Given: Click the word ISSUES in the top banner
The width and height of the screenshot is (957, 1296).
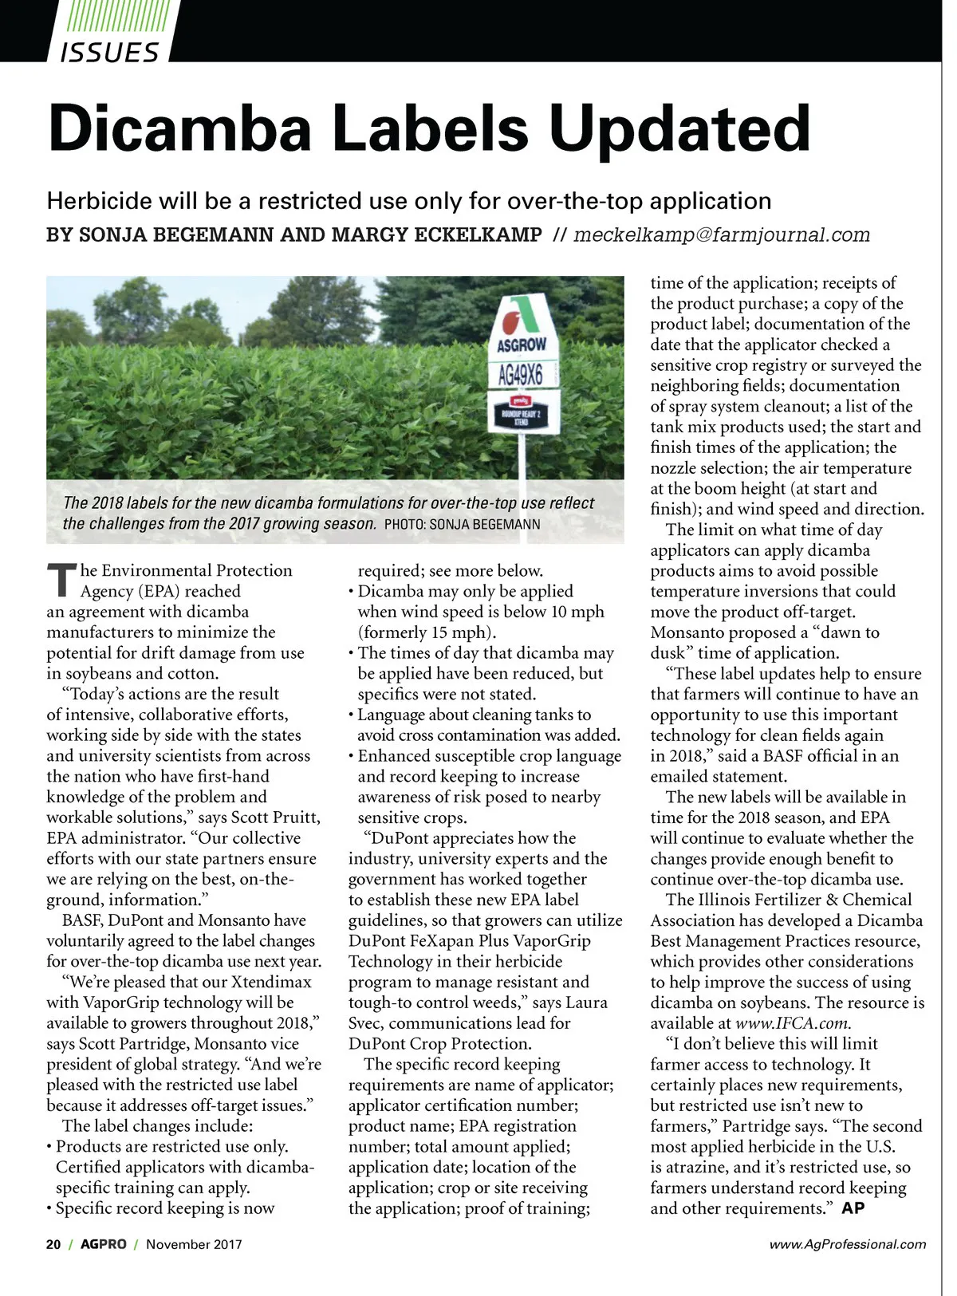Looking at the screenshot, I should (x=109, y=53).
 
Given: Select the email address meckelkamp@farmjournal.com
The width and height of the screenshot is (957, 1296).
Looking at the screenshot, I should (x=721, y=234).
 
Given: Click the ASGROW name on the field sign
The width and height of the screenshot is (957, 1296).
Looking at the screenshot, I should (x=522, y=345).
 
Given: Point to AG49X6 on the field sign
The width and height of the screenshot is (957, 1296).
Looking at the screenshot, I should (x=520, y=374).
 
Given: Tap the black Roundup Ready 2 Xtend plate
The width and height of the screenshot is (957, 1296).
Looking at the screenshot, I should (x=520, y=416).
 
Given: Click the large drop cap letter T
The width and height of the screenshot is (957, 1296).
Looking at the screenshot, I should (x=61, y=579).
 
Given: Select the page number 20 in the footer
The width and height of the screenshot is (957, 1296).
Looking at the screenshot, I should (x=53, y=1244).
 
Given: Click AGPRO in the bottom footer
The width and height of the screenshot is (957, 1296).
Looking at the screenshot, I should (x=104, y=1244).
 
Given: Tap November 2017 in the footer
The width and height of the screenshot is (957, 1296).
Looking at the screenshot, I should (x=194, y=1244).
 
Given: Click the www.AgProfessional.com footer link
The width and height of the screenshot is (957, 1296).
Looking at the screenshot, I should (x=847, y=1244).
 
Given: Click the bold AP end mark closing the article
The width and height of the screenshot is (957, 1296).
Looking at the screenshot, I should (x=853, y=1208).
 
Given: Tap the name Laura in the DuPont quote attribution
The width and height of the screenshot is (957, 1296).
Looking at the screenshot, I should (x=585, y=1003).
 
